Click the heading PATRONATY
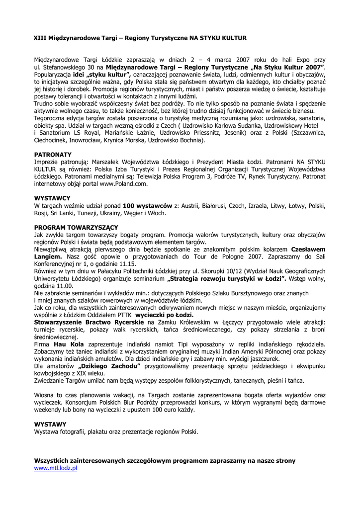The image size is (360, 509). point(53,155)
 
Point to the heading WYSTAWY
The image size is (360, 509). point(50,424)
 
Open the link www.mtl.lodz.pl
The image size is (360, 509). point(55,468)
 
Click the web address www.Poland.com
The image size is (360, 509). point(126,184)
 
